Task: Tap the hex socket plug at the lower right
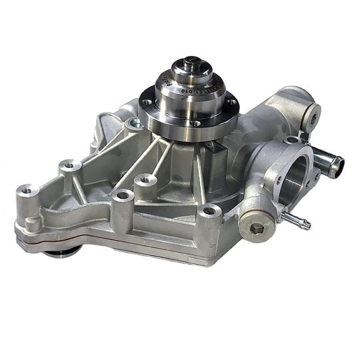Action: (x=256, y=229)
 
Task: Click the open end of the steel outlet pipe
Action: (x=337, y=161)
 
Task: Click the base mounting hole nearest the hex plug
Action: (x=210, y=212)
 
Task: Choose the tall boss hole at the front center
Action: (x=121, y=196)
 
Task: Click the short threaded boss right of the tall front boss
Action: (x=145, y=179)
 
